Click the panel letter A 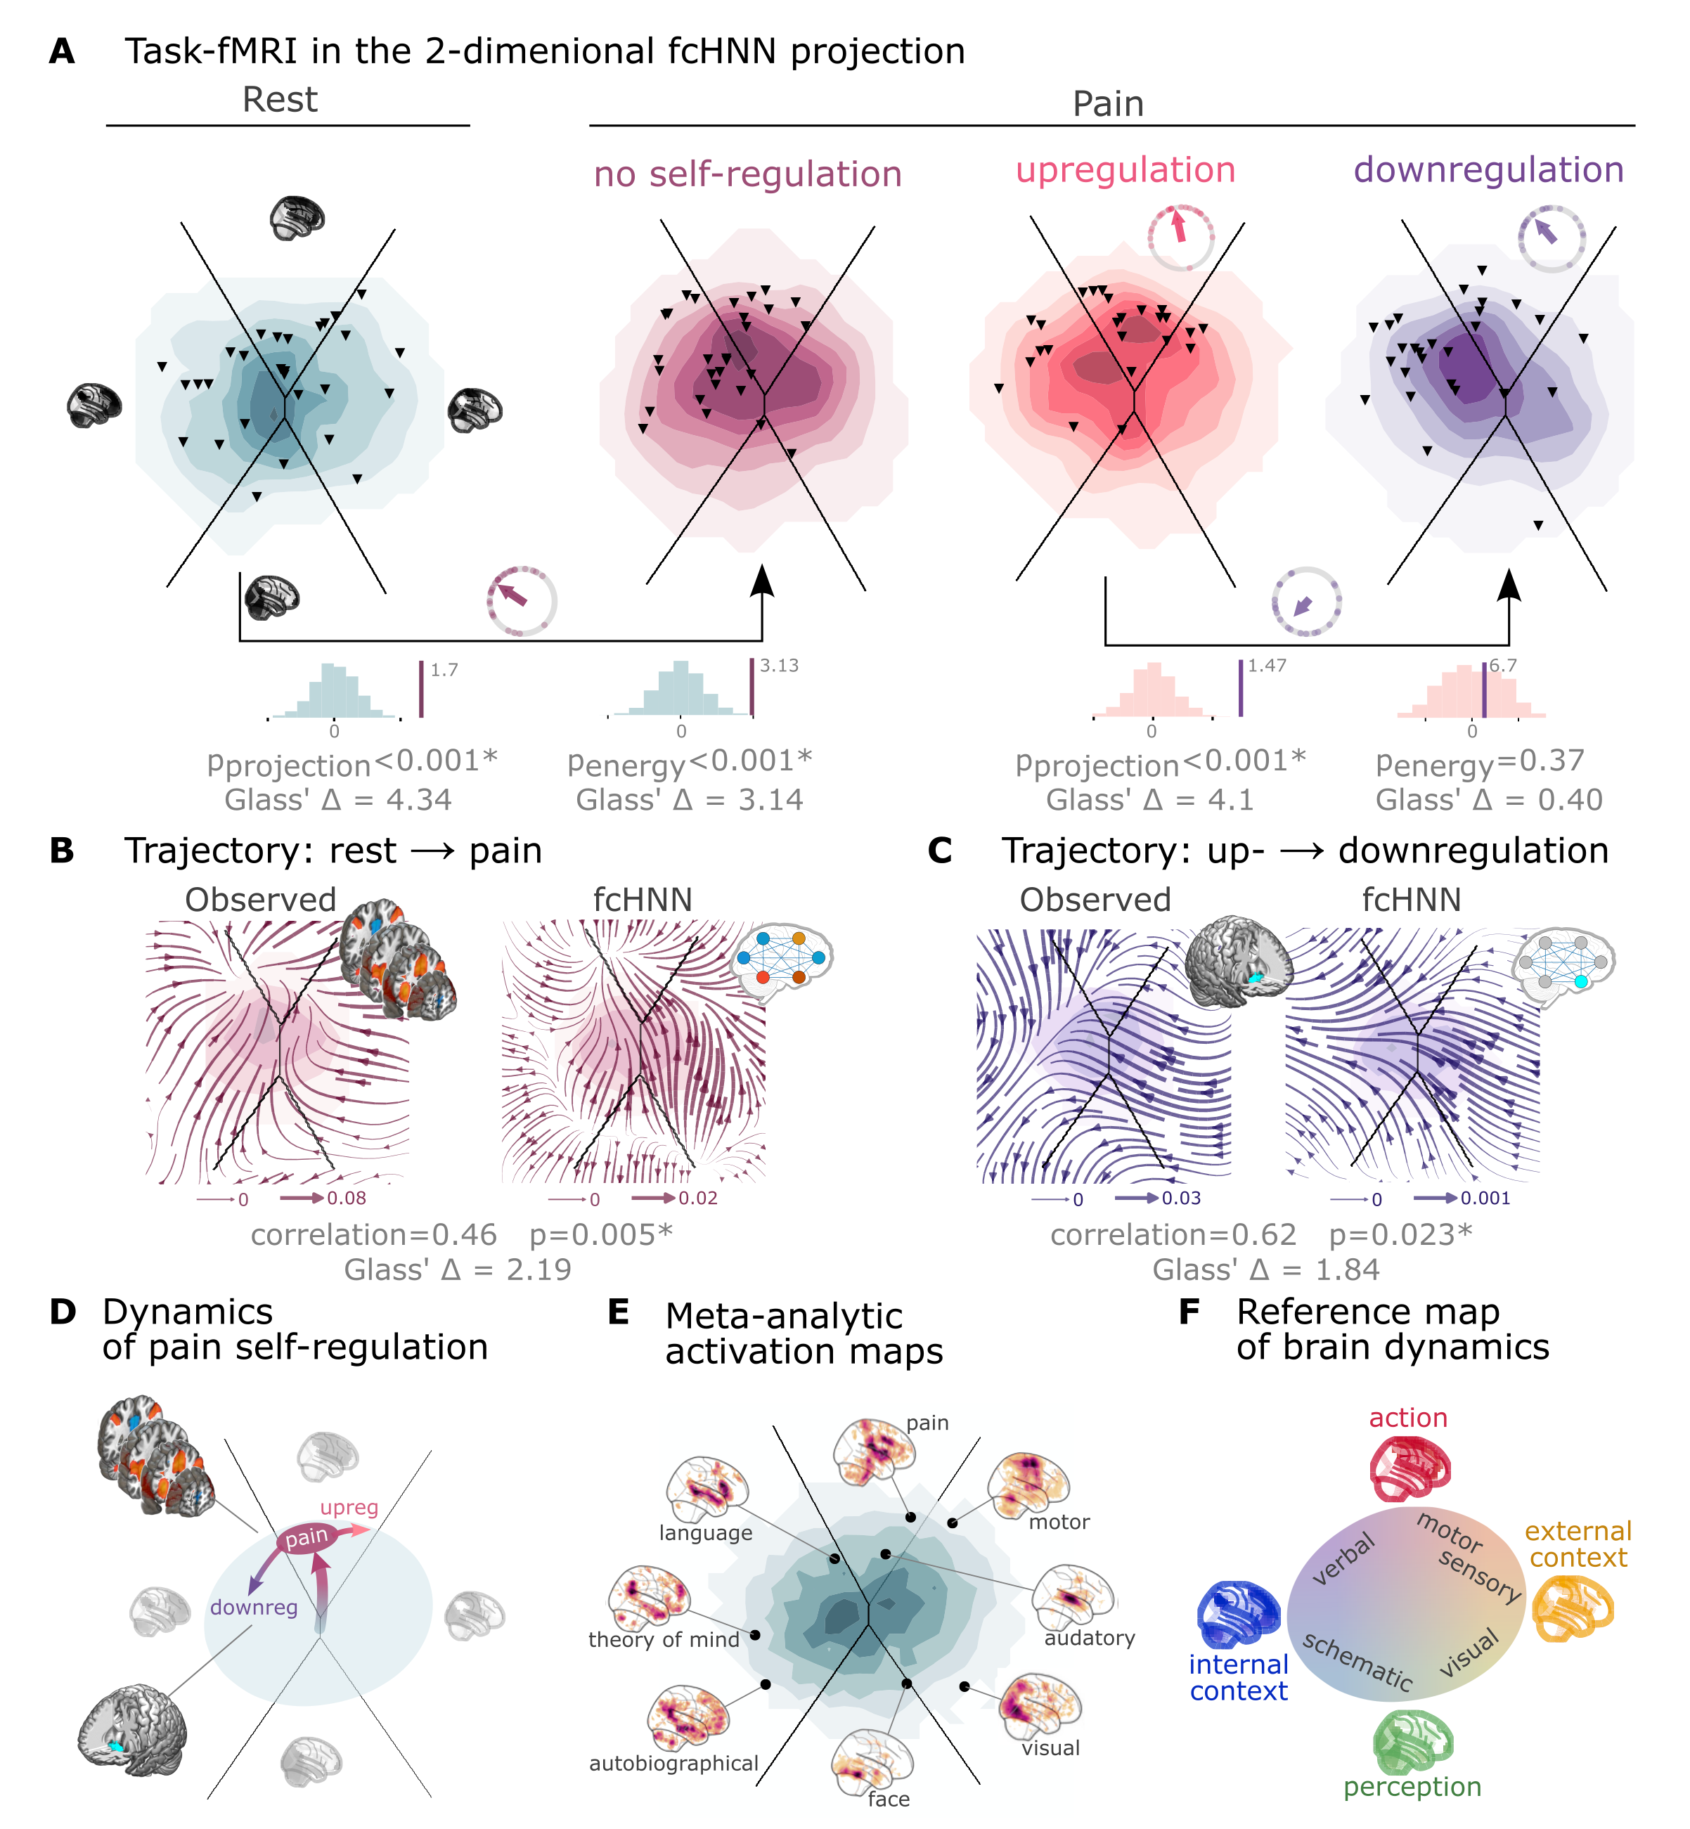tap(61, 51)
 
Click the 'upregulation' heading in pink tap(1125, 170)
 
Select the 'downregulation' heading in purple tap(1488, 170)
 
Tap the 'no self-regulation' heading tap(747, 174)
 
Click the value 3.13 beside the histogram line tap(779, 666)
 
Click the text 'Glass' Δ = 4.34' tap(338, 800)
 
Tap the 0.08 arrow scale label tap(347, 1198)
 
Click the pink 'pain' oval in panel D tap(307, 1538)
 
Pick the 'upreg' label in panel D tap(349, 1507)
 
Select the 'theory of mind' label tap(664, 1640)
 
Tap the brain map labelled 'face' tap(872, 1759)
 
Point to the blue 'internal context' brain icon tap(1237, 1616)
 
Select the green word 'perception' tap(1412, 1786)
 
